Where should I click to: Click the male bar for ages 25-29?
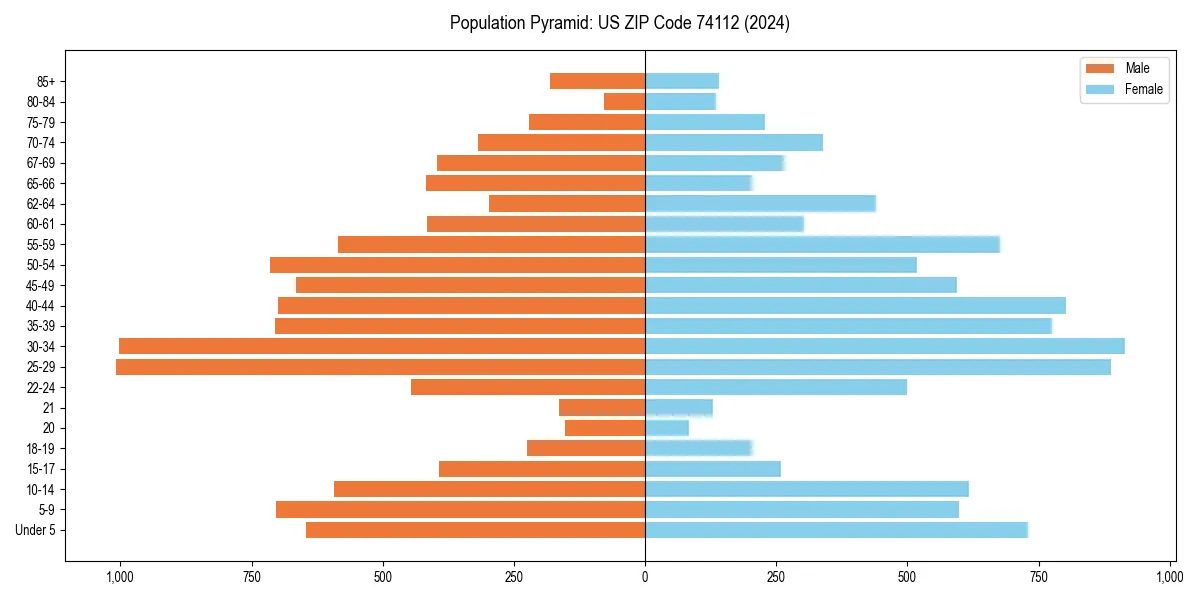click(x=380, y=367)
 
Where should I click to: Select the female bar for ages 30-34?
click(x=884, y=346)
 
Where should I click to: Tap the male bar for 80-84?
click(x=624, y=101)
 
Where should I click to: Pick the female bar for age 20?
click(x=667, y=428)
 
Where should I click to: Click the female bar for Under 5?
click(x=836, y=530)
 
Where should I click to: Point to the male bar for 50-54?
click(x=457, y=265)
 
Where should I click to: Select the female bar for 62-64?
click(x=760, y=203)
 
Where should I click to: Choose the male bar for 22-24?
click(x=528, y=387)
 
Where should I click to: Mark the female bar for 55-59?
click(x=822, y=244)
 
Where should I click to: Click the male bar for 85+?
click(x=597, y=81)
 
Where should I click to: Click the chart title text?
click(x=620, y=23)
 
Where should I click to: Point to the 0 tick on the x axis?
click(x=645, y=577)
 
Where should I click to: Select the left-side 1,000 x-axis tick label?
click(x=119, y=577)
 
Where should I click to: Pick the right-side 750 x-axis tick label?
click(x=1039, y=577)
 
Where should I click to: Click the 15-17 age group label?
click(x=40, y=469)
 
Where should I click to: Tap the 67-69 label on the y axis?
click(x=40, y=163)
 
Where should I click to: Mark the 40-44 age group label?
click(x=40, y=305)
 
